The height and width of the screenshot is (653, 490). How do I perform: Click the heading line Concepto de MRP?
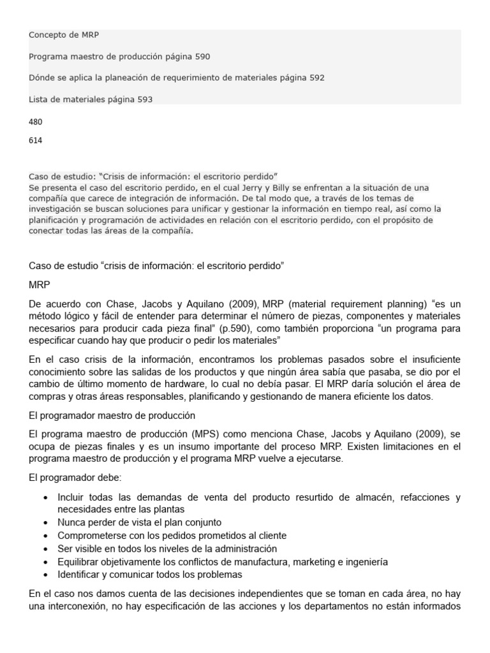pyautogui.click(x=64, y=35)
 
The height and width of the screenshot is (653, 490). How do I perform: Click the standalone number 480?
pyautogui.click(x=36, y=121)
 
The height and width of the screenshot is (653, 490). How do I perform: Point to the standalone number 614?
pyautogui.click(x=36, y=140)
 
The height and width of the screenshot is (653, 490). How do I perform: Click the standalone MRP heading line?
pyautogui.click(x=39, y=284)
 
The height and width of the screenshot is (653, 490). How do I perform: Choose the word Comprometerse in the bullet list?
pyautogui.click(x=87, y=536)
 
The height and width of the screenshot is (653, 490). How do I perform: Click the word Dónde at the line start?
pyautogui.click(x=42, y=78)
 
